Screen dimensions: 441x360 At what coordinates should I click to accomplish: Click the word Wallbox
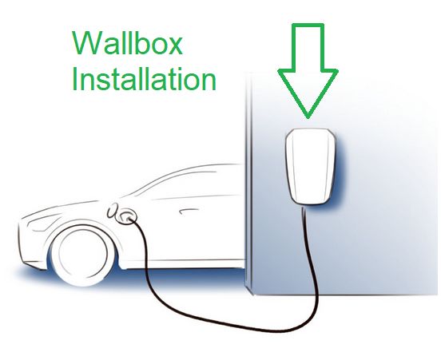tap(128, 43)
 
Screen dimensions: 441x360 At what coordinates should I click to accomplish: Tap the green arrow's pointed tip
tap(308, 117)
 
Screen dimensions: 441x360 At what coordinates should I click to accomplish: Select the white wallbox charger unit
tap(310, 166)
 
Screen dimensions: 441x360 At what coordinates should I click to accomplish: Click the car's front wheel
tap(82, 255)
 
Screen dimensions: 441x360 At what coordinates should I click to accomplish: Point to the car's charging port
tap(126, 216)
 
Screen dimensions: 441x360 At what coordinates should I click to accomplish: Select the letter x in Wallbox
tap(174, 45)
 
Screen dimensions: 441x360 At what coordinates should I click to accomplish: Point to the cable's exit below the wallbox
tap(304, 208)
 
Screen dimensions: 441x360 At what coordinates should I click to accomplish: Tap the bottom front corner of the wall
tap(253, 295)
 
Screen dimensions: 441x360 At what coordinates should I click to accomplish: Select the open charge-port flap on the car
tap(113, 211)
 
